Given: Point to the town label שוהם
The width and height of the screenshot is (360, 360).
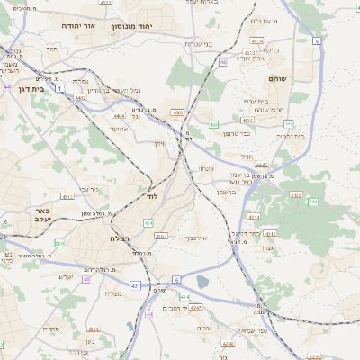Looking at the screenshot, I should [x=276, y=79].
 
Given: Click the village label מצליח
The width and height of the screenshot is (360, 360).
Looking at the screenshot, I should [x=113, y=294].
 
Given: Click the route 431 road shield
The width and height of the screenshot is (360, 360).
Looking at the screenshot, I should [x=135, y=285].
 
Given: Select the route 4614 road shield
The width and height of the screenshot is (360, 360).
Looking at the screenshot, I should [x=258, y=41].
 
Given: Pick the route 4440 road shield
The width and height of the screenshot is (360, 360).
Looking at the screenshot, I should [x=261, y=165].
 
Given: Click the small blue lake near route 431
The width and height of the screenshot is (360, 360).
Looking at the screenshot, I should [x=202, y=282].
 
